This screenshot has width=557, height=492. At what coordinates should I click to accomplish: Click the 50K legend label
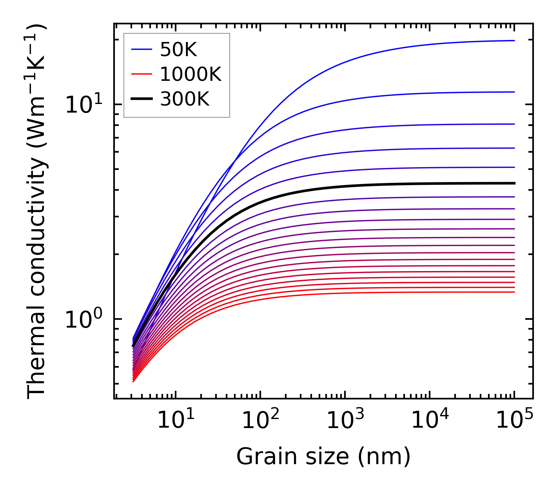[x=178, y=49]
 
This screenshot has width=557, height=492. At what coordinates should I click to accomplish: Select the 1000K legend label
[x=191, y=74]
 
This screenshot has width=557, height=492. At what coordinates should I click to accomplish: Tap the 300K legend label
[x=185, y=99]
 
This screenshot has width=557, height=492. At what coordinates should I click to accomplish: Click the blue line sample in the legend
[x=141, y=49]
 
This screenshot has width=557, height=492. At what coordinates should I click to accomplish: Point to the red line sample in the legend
[x=141, y=74]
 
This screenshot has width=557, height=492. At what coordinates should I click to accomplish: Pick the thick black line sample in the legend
[x=141, y=99]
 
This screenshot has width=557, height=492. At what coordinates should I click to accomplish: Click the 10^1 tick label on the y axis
[x=84, y=105]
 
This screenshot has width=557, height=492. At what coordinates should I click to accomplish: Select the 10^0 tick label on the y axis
[x=84, y=320]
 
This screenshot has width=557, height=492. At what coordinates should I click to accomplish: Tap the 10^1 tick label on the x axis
[x=175, y=421]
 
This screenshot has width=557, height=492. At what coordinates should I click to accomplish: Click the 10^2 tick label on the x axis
[x=260, y=421]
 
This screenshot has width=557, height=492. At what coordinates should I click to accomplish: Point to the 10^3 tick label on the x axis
[x=345, y=421]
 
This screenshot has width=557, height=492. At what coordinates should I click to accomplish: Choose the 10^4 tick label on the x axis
[x=430, y=421]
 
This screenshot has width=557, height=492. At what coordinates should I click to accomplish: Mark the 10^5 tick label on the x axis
[x=514, y=421]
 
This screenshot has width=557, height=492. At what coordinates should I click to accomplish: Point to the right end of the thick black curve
[x=514, y=183]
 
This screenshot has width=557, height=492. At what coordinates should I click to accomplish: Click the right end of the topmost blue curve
[x=514, y=40]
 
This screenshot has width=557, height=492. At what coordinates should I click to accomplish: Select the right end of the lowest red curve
[x=514, y=292]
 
